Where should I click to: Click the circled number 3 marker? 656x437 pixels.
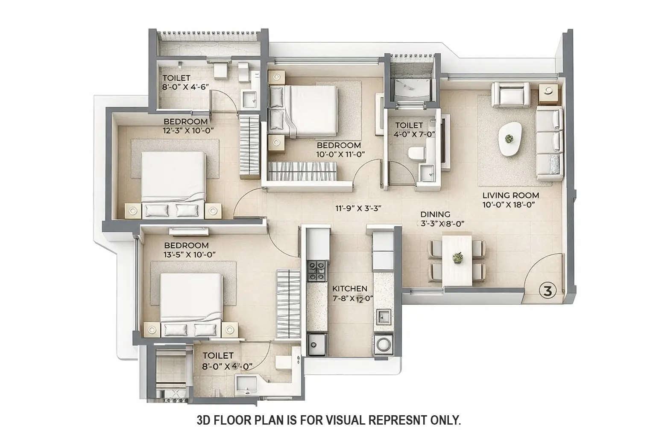[548, 291]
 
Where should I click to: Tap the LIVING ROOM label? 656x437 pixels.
[511, 195]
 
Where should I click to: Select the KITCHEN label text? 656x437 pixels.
[350, 288]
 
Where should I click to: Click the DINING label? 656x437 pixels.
[435, 214]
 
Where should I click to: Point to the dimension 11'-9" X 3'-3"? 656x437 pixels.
[357, 208]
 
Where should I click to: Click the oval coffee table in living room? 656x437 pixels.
[509, 139]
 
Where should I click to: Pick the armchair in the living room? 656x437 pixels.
[511, 94]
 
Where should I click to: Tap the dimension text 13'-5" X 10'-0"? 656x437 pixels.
[190, 254]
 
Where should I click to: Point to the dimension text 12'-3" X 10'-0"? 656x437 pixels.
[188, 131]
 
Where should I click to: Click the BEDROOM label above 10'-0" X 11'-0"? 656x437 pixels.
[338, 146]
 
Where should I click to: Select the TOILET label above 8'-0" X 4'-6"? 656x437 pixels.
[176, 78]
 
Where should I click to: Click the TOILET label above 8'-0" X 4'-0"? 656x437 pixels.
[218, 355]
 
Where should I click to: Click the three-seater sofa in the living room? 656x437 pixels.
[549, 144]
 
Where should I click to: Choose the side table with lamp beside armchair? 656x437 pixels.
[548, 94]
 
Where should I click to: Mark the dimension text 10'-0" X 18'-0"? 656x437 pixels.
[509, 204]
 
